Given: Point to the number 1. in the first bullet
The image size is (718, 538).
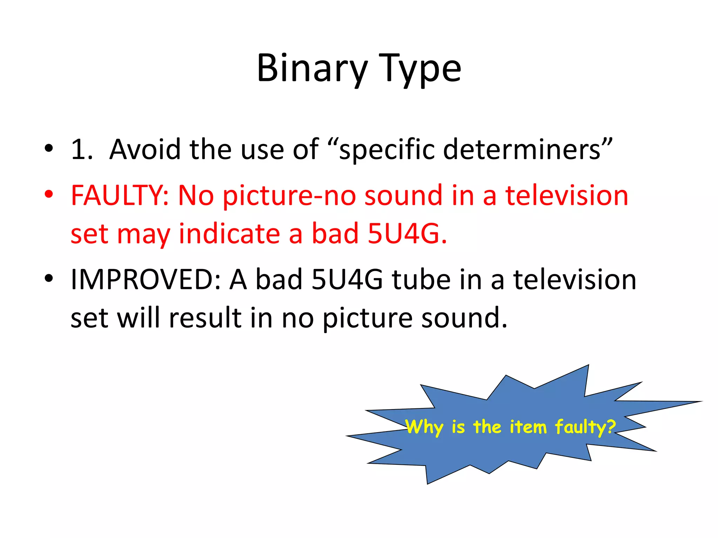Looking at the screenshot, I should [82, 150].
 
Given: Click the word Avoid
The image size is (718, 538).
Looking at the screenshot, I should [145, 150].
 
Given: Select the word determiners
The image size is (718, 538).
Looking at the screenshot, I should [522, 150].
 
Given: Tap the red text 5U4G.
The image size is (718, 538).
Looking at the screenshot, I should [407, 234].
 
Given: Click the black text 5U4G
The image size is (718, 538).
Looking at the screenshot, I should [347, 280].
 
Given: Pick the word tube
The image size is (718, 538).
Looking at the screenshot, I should [421, 280].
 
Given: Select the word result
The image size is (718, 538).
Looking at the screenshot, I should [205, 318].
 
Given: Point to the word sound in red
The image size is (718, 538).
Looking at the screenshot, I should [403, 195].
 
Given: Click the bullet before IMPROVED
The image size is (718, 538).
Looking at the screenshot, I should [49, 278].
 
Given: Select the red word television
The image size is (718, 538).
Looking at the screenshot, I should [567, 195].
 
